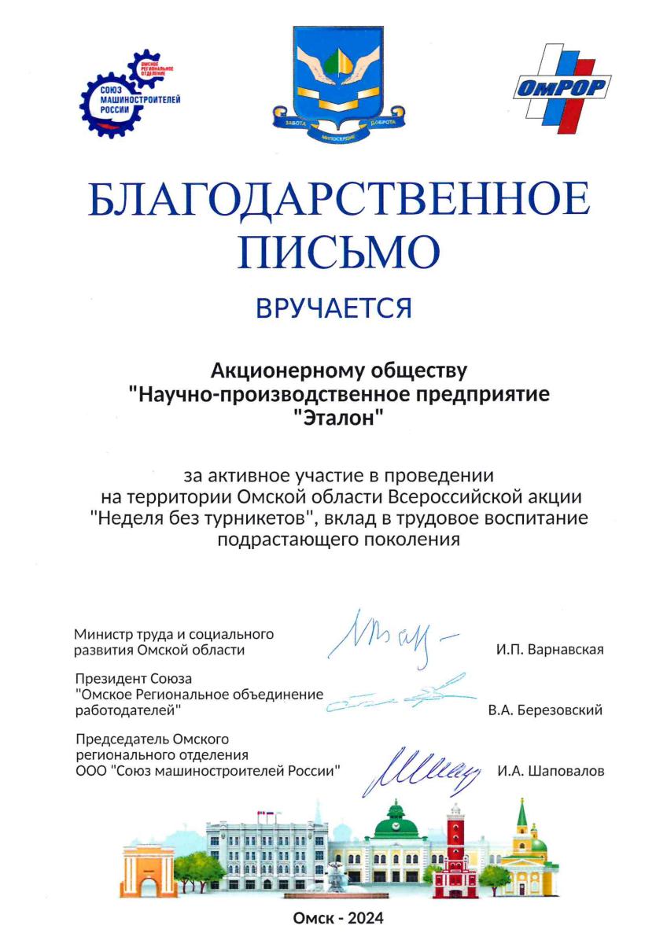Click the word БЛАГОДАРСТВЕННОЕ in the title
tap(338, 201)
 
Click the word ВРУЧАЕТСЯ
tap(334, 308)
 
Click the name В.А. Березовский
tap(544, 710)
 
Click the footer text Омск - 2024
tap(338, 918)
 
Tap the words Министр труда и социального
tap(173, 633)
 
